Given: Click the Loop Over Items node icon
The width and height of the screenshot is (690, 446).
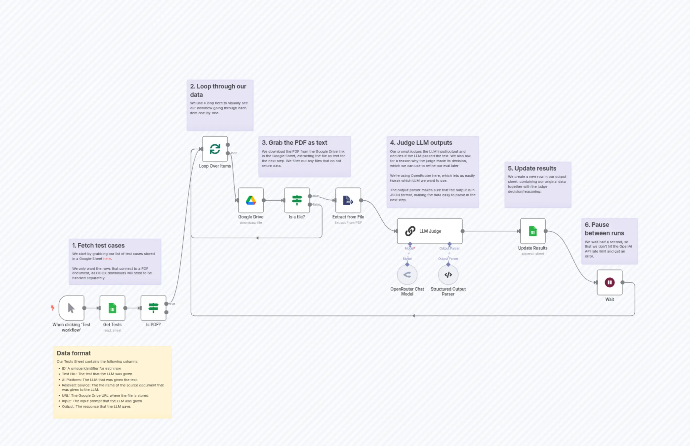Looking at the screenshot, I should (x=215, y=149).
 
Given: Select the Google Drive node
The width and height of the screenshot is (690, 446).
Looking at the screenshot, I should (x=251, y=200).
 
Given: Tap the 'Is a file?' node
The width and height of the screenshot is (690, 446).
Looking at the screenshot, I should (x=297, y=200).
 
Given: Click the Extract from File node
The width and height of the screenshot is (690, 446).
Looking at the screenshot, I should (x=348, y=200).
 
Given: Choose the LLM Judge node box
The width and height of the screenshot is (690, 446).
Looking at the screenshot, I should (x=429, y=231).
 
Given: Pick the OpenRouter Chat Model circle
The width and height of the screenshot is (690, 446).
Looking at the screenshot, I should (x=407, y=275).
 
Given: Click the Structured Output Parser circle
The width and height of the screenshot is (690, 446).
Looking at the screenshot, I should (x=448, y=275).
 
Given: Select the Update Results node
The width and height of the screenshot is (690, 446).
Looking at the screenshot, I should (x=532, y=231).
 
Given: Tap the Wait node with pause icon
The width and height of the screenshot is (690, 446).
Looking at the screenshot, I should (x=609, y=282).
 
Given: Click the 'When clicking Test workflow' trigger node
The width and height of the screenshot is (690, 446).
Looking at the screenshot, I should (x=71, y=308).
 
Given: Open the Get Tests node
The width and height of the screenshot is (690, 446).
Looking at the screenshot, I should (x=112, y=308).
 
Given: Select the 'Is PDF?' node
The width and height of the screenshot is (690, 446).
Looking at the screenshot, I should (x=153, y=308).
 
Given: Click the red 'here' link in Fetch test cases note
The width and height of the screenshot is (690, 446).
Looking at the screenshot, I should (x=107, y=259).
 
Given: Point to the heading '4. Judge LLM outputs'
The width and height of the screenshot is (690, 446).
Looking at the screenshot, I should (x=421, y=143).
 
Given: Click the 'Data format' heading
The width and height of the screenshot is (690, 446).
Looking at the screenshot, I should (x=74, y=353).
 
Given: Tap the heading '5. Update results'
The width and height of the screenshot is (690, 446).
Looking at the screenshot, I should (x=532, y=168).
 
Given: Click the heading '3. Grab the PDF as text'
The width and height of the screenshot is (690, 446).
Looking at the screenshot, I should (x=294, y=143).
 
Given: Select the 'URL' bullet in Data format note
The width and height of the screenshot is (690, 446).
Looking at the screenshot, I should (x=105, y=395).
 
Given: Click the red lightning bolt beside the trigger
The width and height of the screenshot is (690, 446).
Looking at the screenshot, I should (x=52, y=308).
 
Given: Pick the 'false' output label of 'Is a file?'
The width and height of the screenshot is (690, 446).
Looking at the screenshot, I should (x=316, y=204).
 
